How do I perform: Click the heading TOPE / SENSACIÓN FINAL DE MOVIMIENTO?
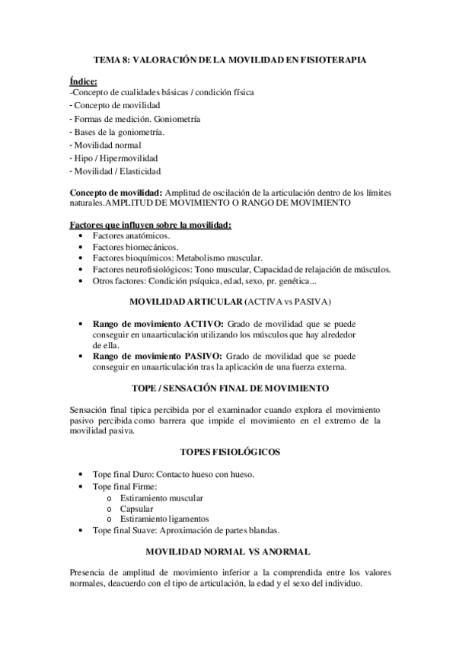(x=228, y=386)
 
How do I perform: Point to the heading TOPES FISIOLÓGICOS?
(x=228, y=452)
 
